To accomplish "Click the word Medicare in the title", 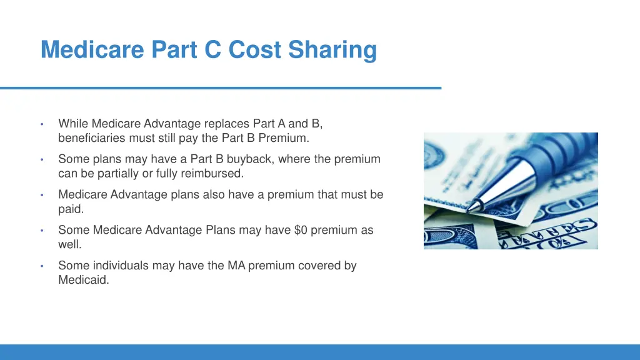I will (x=92, y=49).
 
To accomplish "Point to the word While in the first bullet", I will (x=71, y=123).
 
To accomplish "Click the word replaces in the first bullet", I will (x=228, y=123).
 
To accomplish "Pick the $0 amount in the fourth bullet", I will (x=301, y=230).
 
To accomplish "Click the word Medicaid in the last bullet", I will (x=84, y=280).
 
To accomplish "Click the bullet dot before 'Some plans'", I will (x=41, y=159).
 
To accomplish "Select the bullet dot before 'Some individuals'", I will (x=41, y=266).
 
